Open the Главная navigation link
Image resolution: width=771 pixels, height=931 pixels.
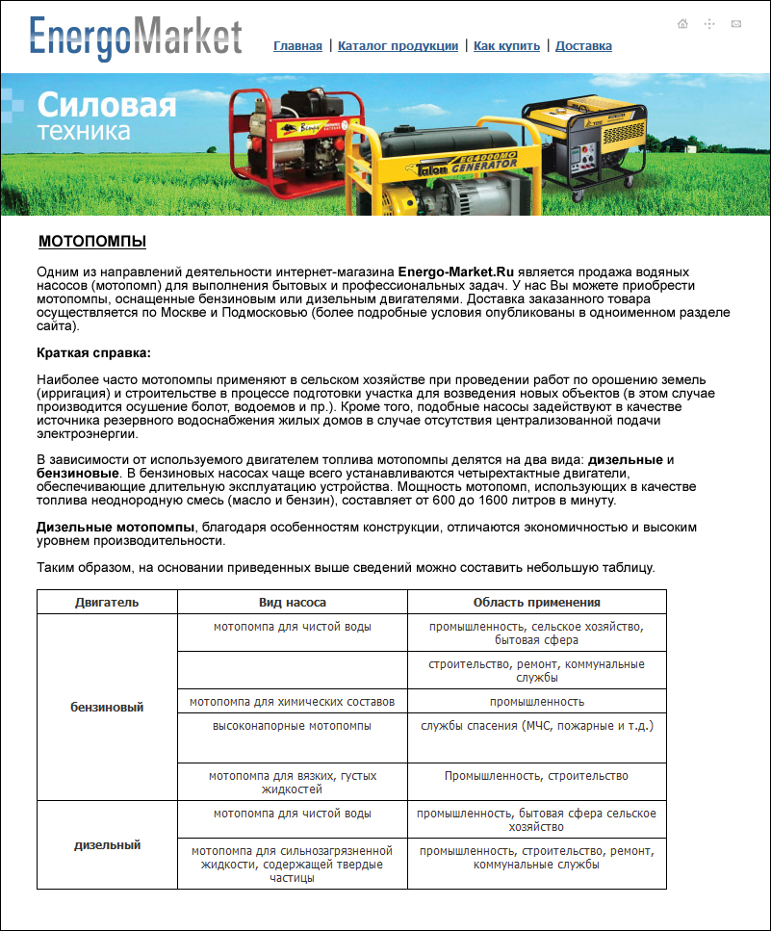[x=297, y=46]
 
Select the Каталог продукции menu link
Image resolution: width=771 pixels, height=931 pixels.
[x=398, y=46]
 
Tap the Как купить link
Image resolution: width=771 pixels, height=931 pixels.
[x=507, y=46]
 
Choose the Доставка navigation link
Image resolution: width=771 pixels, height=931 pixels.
[x=583, y=46]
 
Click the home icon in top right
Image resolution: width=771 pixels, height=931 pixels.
[x=682, y=23]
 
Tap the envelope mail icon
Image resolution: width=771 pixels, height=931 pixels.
[x=736, y=23]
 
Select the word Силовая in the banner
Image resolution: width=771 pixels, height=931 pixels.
[x=107, y=104]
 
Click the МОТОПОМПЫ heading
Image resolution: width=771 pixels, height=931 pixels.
[x=92, y=241]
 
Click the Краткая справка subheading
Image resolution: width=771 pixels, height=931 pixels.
[x=94, y=353]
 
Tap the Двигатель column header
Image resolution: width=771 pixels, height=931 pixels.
[x=107, y=602]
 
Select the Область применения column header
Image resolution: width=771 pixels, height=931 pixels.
[x=536, y=602]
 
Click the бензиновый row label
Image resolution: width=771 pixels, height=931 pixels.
[x=107, y=707]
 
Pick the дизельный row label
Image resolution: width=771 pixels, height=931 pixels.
[x=107, y=844]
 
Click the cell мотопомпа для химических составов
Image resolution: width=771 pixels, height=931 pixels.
[x=292, y=701]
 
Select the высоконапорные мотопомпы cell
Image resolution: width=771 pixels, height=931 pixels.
[x=292, y=725]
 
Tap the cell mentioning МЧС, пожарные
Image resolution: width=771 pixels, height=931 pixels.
[x=536, y=725]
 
